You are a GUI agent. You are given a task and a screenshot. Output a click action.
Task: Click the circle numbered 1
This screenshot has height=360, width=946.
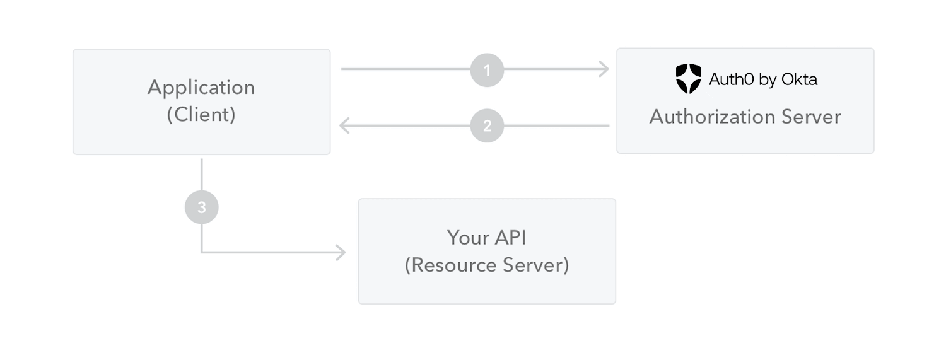[487, 69]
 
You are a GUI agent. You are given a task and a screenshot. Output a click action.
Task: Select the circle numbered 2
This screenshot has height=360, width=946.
[487, 125]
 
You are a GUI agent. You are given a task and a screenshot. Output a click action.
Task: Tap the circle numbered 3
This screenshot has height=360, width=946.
[201, 207]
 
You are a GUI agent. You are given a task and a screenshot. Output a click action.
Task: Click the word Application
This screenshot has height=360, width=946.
[201, 87]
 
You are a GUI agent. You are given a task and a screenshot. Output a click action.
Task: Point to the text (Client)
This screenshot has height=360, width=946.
[201, 115]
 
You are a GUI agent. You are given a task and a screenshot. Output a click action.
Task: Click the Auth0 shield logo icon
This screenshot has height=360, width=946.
[688, 79]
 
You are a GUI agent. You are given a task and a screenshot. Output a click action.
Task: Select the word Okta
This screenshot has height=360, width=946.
[800, 79]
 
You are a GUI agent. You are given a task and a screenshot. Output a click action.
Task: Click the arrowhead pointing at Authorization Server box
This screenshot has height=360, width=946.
[604, 69]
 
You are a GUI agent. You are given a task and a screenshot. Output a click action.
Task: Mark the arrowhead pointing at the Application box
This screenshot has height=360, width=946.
[344, 125]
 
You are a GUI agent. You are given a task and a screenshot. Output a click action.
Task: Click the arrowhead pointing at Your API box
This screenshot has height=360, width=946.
[341, 253]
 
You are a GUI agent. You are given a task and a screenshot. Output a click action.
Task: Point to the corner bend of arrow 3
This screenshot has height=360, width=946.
[202, 252]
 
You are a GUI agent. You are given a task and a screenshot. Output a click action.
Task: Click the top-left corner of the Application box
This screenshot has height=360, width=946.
[74, 50]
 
